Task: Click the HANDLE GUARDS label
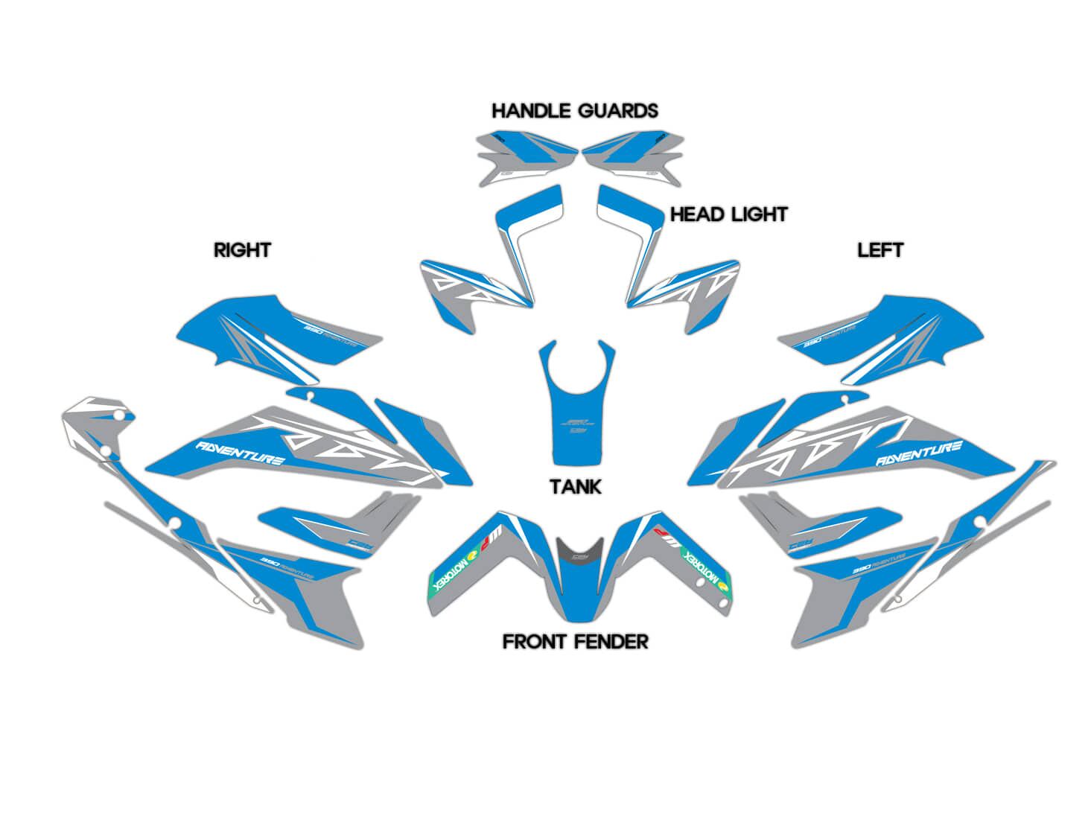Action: [x=575, y=111]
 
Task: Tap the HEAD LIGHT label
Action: [x=728, y=214]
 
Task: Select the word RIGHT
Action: [x=242, y=249]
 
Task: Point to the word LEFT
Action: [x=880, y=249]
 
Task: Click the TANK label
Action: [x=576, y=487]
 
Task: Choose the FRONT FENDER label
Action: [x=576, y=641]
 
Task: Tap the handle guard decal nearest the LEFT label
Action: [x=632, y=157]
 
